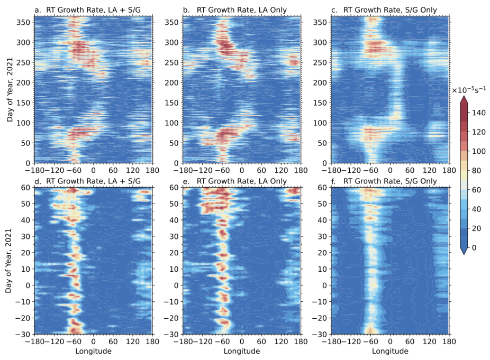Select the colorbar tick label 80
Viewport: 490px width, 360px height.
(476, 172)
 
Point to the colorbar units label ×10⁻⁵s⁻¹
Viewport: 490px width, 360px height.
(468, 90)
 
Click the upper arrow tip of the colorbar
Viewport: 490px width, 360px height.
(464, 98)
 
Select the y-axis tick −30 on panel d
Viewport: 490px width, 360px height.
(24, 334)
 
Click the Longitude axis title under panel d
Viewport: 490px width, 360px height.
(94, 352)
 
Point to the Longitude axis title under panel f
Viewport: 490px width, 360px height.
(391, 352)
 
